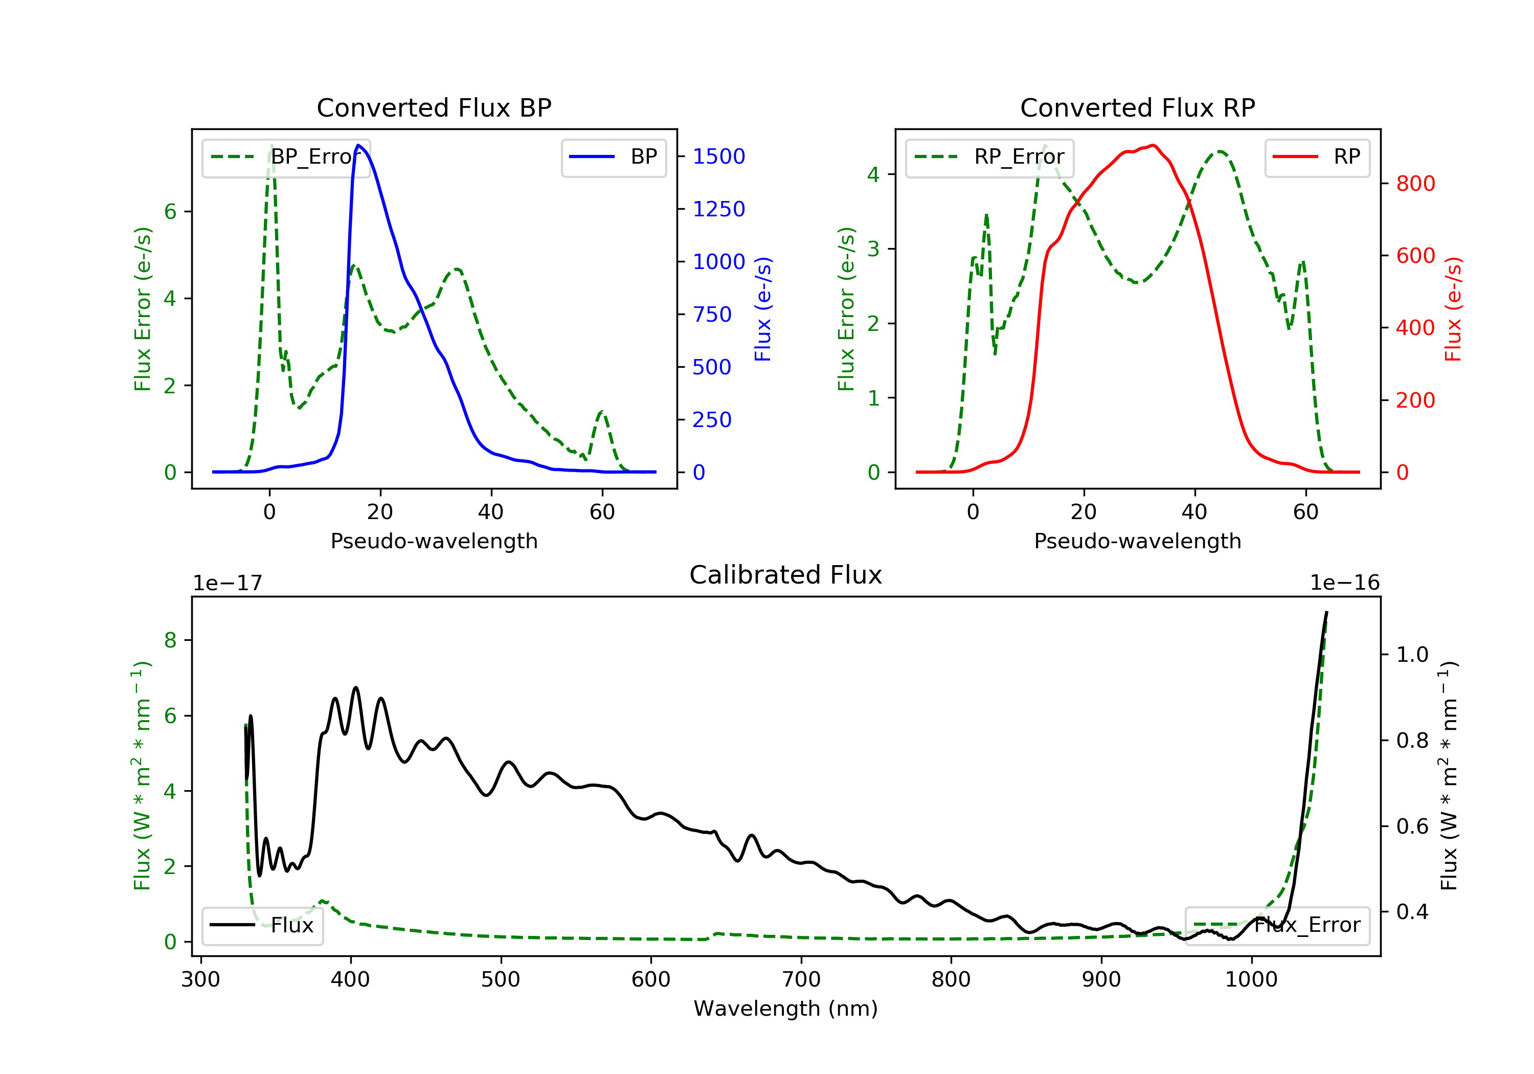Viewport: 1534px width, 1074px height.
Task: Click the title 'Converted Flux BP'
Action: [x=434, y=107]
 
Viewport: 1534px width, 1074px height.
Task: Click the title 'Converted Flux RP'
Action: [x=1138, y=107]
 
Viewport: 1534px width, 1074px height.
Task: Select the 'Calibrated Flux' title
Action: [x=786, y=575]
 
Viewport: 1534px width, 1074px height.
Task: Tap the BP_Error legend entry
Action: [x=286, y=157]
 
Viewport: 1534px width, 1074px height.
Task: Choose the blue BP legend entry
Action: [x=613, y=157]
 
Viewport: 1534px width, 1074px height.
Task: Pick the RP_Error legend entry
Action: [x=989, y=157]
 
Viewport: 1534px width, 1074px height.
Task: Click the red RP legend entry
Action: [x=1317, y=157]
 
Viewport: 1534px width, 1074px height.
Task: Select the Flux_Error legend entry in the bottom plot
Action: [x=1277, y=925]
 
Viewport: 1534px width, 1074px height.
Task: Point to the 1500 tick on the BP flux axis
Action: [x=719, y=156]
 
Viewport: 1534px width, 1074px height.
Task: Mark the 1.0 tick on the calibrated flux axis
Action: [x=1412, y=654]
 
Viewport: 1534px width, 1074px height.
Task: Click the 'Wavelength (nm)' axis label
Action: [x=786, y=1009]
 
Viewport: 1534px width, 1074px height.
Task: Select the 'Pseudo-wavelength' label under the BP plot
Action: [x=434, y=541]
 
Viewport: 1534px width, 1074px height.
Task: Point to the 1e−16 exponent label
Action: [x=1344, y=583]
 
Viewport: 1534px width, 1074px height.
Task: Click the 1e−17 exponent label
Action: [x=227, y=583]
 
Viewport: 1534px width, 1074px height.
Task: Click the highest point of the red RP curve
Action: [x=1153, y=145]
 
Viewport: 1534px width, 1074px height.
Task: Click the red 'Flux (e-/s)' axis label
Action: [x=1453, y=309]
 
